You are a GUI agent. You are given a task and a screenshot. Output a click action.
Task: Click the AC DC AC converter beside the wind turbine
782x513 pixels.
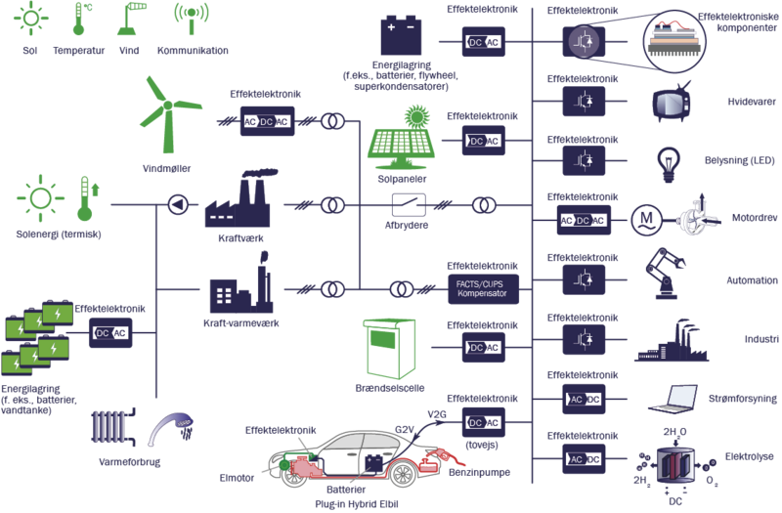[266, 121]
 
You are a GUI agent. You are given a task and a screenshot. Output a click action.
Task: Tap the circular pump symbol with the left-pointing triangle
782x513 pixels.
[176, 204]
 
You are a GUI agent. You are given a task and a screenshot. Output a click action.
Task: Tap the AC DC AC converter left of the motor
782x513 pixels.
[583, 220]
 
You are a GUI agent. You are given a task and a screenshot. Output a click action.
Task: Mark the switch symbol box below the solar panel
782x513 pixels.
[408, 205]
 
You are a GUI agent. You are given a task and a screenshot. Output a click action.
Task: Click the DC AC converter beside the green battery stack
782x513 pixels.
[110, 333]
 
